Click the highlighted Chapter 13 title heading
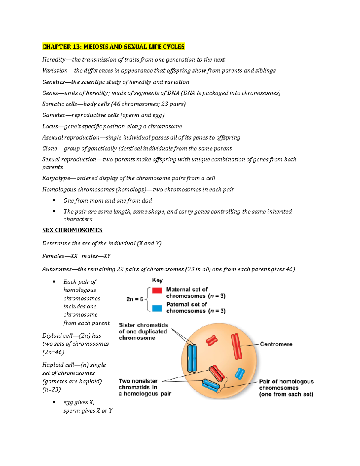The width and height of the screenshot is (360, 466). pyautogui.click(x=113, y=47)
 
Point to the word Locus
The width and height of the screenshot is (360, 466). pyautogui.click(x=50, y=126)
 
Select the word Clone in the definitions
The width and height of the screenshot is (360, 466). pyautogui.click(x=49, y=149)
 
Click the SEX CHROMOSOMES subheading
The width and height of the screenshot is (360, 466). pyautogui.click(x=72, y=230)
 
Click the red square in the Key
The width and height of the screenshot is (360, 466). pyautogui.click(x=157, y=290)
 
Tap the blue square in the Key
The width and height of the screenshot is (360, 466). pyautogui.click(x=157, y=308)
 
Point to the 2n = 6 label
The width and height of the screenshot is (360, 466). pyautogui.click(x=135, y=299)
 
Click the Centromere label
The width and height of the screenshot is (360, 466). pyautogui.click(x=276, y=344)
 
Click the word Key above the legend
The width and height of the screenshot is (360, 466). pyautogui.click(x=157, y=280)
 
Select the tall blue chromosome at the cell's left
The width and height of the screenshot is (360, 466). pyautogui.click(x=192, y=358)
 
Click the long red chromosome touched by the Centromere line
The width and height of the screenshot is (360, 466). pyautogui.click(x=236, y=346)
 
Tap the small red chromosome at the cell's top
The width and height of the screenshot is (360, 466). pyautogui.click(x=212, y=340)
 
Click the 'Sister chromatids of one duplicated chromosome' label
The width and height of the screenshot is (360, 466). pyautogui.click(x=143, y=332)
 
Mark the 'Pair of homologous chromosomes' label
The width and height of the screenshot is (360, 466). pyautogui.click(x=286, y=388)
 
